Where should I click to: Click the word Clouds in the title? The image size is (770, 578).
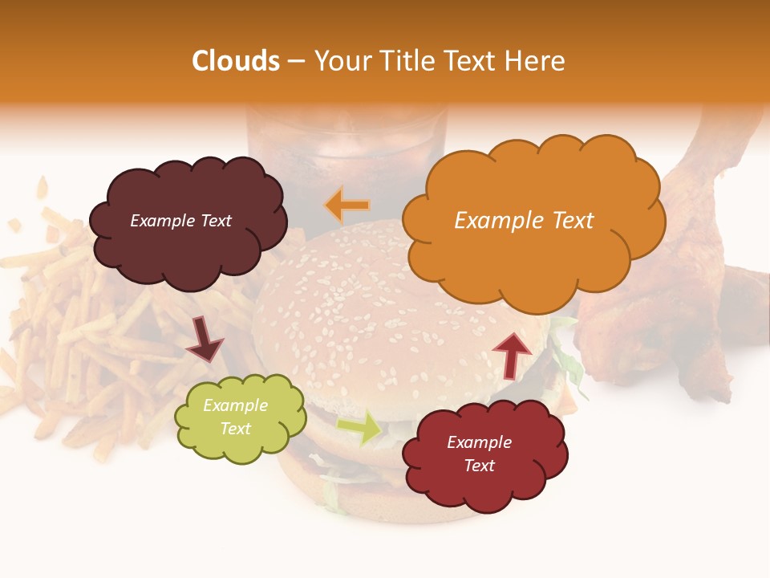pyautogui.click(x=236, y=61)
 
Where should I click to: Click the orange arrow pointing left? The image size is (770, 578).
pyautogui.click(x=346, y=206)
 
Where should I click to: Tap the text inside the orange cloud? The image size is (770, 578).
pyautogui.click(x=524, y=221)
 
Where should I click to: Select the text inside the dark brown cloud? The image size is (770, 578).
pyautogui.click(x=180, y=221)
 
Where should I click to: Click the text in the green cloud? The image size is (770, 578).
pyautogui.click(x=236, y=417)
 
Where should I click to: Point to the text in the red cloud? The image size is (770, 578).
pyautogui.click(x=479, y=454)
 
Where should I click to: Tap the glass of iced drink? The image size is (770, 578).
pyautogui.click(x=345, y=153)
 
